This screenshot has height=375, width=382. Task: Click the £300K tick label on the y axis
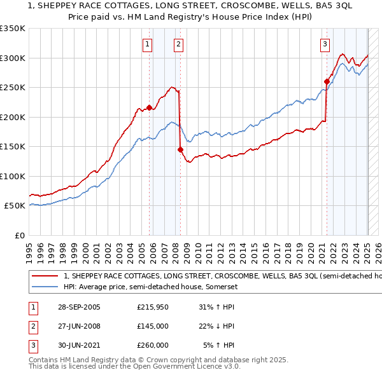(x=13, y=58)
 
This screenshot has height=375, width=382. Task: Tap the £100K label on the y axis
(x=13, y=176)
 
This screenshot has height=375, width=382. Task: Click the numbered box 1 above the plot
(x=148, y=44)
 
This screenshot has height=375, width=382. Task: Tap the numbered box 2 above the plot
(x=178, y=44)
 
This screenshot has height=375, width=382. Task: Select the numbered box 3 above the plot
(x=325, y=44)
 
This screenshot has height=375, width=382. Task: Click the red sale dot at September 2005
(x=150, y=107)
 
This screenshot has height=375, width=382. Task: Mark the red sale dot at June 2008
(x=180, y=149)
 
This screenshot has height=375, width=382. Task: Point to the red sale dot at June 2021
(x=327, y=81)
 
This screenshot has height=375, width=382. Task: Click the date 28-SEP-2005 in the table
(x=79, y=307)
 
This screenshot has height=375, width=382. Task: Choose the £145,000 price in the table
(x=153, y=326)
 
